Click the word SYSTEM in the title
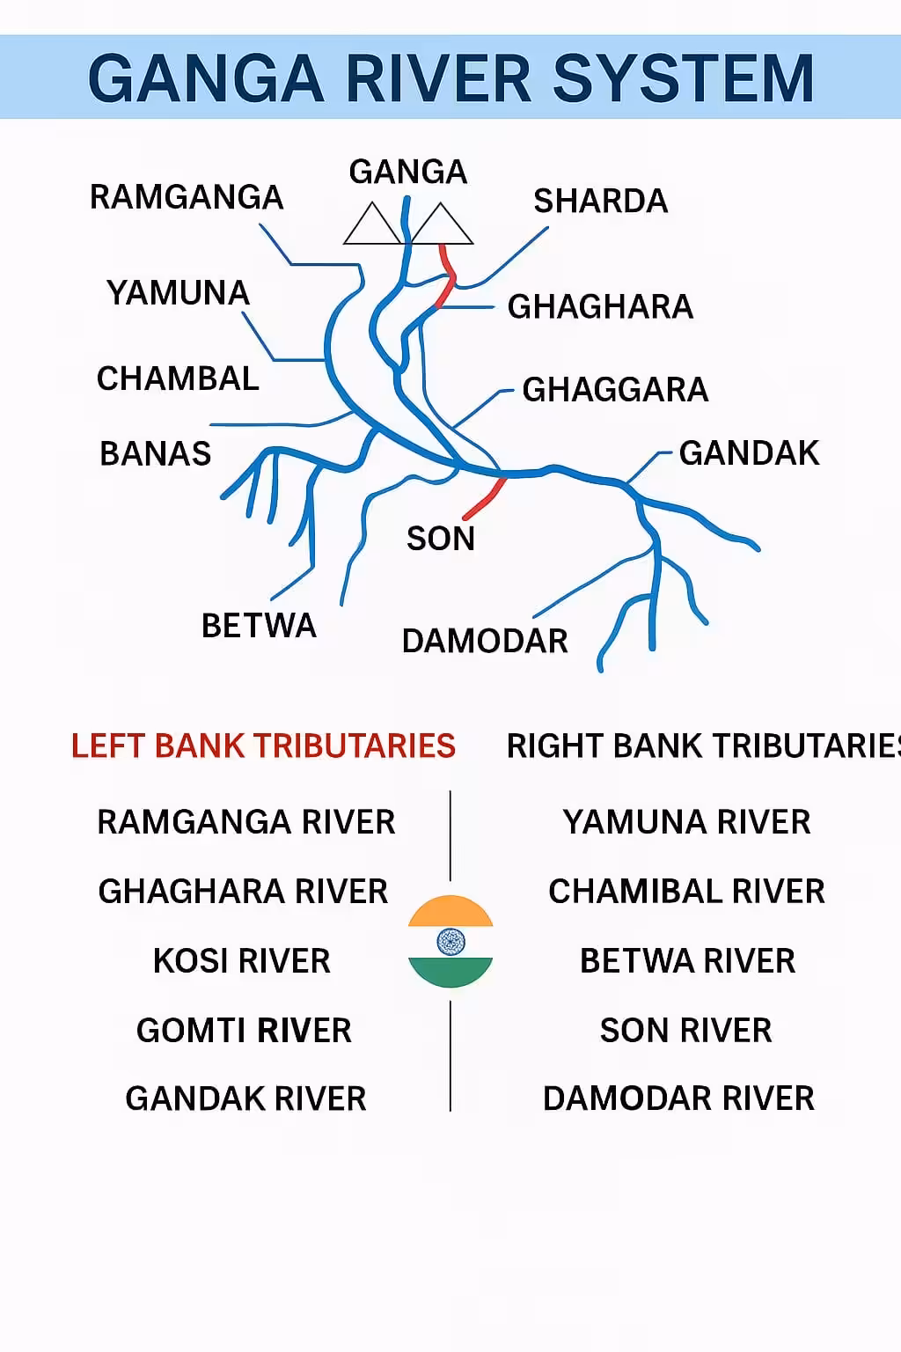point(684,78)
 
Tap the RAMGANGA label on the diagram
point(187,197)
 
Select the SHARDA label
point(600,201)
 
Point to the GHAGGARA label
point(615,389)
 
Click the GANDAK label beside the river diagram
point(749,453)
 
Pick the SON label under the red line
point(441,538)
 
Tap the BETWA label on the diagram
point(259,625)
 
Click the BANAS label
point(156,453)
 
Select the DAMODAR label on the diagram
point(485,641)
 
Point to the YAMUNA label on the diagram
point(178,293)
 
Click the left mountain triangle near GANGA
point(372,224)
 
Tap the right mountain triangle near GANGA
point(442,224)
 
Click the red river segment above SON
point(484,499)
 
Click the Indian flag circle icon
point(450,941)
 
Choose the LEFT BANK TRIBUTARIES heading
point(263,746)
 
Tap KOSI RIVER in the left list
point(241,960)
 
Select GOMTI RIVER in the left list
point(244,1030)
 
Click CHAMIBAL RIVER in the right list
point(686,891)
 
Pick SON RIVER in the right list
point(685,1030)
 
